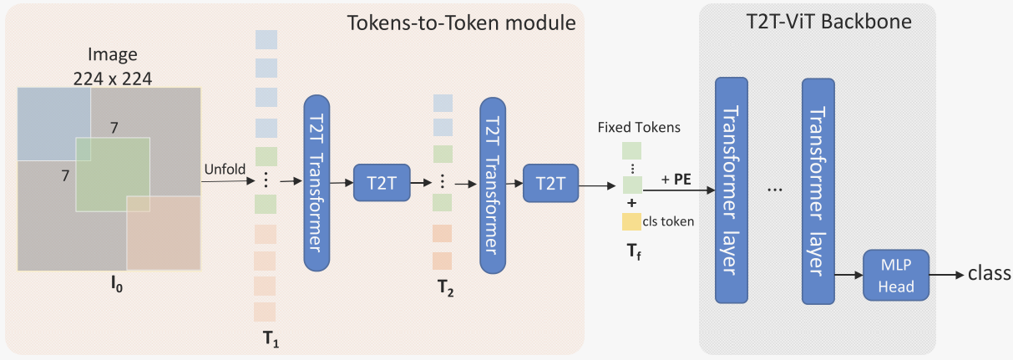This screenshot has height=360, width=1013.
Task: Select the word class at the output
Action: point(990,274)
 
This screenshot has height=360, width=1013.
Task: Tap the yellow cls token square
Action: point(631,222)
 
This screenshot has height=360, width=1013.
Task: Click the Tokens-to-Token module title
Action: point(462,23)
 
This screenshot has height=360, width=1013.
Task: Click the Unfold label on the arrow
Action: point(225,170)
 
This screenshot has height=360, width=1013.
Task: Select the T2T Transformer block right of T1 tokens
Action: point(317,182)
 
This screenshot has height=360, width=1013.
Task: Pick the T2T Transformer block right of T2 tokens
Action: point(493,182)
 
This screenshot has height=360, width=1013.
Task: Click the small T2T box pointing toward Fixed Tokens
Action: point(550,183)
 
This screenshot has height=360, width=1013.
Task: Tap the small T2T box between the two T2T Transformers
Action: point(382,183)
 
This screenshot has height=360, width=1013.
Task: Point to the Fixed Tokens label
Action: point(639,128)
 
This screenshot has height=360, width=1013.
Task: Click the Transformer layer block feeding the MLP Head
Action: point(818,191)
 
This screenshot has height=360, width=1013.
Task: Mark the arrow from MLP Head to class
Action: point(945,274)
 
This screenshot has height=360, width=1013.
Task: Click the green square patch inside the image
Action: point(113,175)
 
